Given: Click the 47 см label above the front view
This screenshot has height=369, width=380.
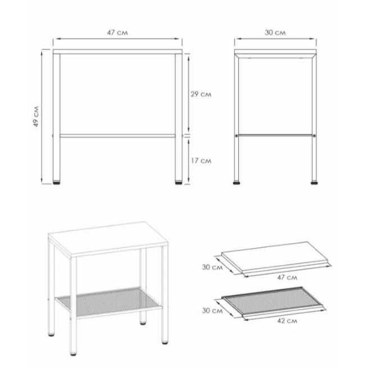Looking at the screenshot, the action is click(x=117, y=33).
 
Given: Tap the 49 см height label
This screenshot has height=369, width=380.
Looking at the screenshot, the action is click(x=36, y=116).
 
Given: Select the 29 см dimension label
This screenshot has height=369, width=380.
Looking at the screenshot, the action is click(x=201, y=94).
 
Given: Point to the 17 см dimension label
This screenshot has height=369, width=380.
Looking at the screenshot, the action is click(x=201, y=161).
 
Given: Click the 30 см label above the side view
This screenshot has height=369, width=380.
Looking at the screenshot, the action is click(x=275, y=33).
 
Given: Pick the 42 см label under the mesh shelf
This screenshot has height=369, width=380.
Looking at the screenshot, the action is click(x=287, y=321).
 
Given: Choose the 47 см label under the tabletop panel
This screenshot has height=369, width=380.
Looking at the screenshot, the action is click(x=287, y=277).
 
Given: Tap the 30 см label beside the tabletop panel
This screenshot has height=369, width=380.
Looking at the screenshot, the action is click(x=212, y=267).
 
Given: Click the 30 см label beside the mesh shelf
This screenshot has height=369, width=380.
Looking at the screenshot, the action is click(x=212, y=311).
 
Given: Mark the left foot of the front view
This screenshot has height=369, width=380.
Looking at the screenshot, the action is click(x=56, y=183).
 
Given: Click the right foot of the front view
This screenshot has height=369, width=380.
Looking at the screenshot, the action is click(x=179, y=183).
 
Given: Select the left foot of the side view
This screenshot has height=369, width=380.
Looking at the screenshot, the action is click(x=237, y=183).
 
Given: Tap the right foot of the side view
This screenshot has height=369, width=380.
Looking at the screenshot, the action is click(x=314, y=183).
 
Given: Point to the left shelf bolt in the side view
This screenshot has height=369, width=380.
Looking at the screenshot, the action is click(x=237, y=135).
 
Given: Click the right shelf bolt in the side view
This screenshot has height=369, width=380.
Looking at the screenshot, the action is click(x=314, y=135).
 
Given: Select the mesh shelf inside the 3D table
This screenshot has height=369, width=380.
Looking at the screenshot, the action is click(x=109, y=302).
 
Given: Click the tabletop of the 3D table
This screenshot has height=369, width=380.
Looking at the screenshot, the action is click(x=108, y=239).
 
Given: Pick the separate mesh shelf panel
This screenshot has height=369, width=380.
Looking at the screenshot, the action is click(x=273, y=301).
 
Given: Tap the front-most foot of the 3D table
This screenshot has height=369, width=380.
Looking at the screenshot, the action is click(x=73, y=354).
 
